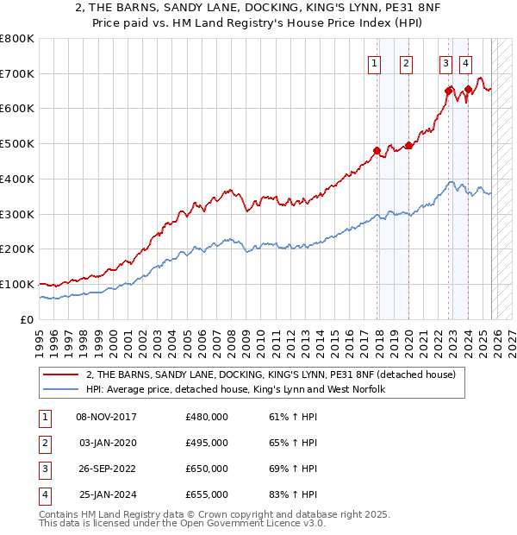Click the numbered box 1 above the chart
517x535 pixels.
pyautogui.click(x=376, y=62)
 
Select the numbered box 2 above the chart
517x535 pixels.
pyautogui.click(x=406, y=62)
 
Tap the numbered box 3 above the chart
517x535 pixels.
pyautogui.click(x=445, y=62)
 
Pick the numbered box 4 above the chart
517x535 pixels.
pyautogui.click(x=465, y=62)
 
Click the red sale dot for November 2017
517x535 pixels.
pyautogui.click(x=377, y=150)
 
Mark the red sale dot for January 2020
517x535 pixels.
pyautogui.click(x=408, y=145)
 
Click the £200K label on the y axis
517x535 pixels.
pyautogui.click(x=17, y=249)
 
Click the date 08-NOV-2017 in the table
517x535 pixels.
pyautogui.click(x=107, y=417)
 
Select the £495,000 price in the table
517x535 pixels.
pyautogui.click(x=207, y=443)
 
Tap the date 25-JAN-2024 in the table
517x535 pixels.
pyautogui.click(x=107, y=494)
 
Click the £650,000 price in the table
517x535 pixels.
pyautogui.click(x=207, y=469)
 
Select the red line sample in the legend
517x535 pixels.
pyautogui.click(x=61, y=374)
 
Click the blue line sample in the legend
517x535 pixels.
pyautogui.click(x=61, y=389)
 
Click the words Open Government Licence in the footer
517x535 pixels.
pyautogui.click(x=234, y=523)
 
